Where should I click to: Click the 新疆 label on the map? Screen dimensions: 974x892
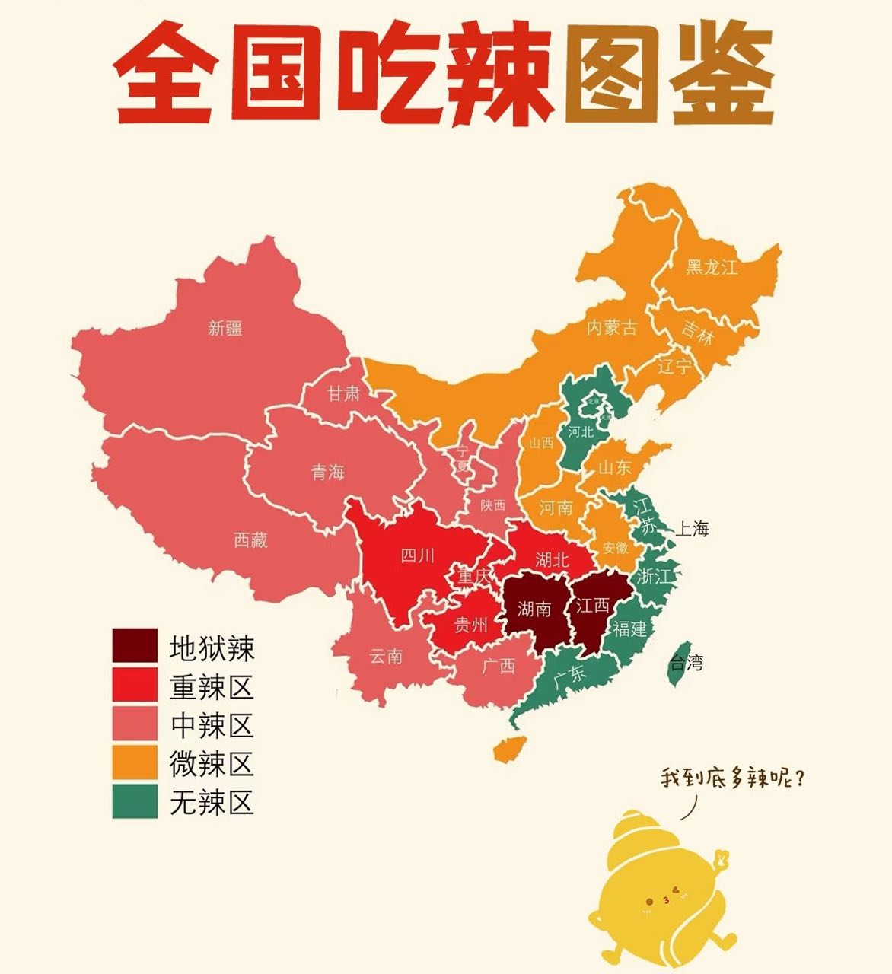pyautogui.click(x=225, y=328)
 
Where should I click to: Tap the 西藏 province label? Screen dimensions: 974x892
pyautogui.click(x=250, y=540)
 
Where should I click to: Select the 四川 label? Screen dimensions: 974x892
pyautogui.click(x=417, y=555)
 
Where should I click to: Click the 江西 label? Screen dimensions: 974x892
pyautogui.click(x=592, y=606)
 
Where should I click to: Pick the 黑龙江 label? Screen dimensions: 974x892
pyautogui.click(x=712, y=267)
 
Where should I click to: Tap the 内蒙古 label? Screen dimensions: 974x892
pyautogui.click(x=611, y=328)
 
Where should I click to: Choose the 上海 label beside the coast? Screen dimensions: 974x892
pyautogui.click(x=693, y=528)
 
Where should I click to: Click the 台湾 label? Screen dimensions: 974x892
pyautogui.click(x=686, y=663)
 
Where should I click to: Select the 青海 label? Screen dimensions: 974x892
pyautogui.click(x=328, y=473)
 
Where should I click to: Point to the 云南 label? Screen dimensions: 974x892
pyautogui.click(x=386, y=656)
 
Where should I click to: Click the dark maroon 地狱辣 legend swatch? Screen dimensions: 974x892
pyautogui.click(x=135, y=646)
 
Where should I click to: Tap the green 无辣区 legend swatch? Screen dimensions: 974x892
pyautogui.click(x=135, y=802)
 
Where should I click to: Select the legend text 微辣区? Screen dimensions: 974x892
pyautogui.click(x=212, y=763)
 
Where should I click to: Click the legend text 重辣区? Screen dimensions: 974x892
pyautogui.click(x=212, y=687)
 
